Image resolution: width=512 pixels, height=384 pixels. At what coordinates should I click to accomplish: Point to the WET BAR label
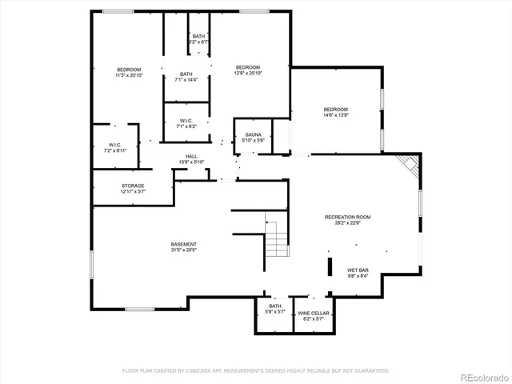(358, 270)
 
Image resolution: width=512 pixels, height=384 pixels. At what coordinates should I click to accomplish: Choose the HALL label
(191, 156)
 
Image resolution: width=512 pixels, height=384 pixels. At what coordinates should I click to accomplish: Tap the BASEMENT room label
(183, 244)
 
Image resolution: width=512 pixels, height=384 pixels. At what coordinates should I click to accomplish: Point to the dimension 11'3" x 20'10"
(129, 75)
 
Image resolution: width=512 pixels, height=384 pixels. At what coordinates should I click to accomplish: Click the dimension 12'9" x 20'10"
(248, 73)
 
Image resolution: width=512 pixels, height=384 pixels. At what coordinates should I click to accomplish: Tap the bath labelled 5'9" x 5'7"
(275, 309)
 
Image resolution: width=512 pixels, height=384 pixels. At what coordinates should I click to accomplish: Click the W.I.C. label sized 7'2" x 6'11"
(114, 147)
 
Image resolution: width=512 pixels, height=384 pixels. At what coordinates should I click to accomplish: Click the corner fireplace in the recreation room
(410, 166)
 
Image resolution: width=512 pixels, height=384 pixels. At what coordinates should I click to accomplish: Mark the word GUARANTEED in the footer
(370, 370)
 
